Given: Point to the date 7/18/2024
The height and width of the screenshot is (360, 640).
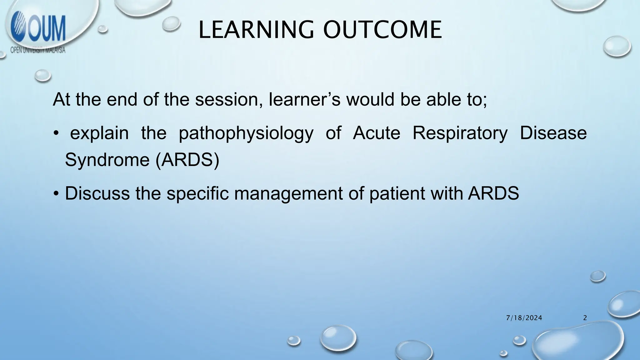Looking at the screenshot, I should tap(524, 318).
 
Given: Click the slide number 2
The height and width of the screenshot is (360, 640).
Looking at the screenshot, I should tap(585, 318).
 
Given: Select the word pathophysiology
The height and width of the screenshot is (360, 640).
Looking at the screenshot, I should tap(246, 133).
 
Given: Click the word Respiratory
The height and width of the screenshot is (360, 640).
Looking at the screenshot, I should tap(460, 133).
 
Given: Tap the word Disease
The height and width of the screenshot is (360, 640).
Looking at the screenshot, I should tap(553, 133).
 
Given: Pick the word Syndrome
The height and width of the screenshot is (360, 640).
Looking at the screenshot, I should tap(107, 160).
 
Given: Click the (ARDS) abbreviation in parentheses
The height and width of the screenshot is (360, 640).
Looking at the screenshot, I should tap(187, 160).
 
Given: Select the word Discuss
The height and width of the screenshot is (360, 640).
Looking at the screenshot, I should tap(97, 193).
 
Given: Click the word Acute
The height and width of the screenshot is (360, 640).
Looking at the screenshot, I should tap(376, 133).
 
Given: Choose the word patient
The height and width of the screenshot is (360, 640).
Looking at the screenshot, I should tap(397, 194).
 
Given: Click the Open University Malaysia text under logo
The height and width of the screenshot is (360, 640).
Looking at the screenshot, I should tap(38, 50).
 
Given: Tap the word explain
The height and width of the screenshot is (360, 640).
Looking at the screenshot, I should tap(99, 133).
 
